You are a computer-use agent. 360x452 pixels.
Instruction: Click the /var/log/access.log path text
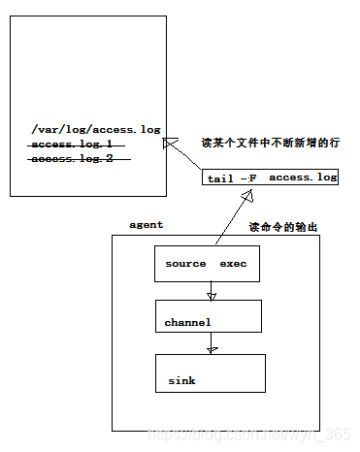click(95, 128)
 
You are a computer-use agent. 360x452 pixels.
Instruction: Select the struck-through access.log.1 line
click(71, 144)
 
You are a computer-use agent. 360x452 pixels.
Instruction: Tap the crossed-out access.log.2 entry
click(72, 158)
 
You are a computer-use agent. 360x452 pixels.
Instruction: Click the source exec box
click(208, 264)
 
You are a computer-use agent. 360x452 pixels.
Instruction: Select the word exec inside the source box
click(233, 264)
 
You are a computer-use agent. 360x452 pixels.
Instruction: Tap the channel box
click(208, 319)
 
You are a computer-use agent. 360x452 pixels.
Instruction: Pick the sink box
click(210, 373)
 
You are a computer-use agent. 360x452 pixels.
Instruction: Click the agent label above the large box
click(147, 224)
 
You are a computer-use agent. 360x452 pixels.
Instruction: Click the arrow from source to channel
click(211, 290)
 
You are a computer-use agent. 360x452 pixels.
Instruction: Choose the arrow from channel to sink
click(211, 343)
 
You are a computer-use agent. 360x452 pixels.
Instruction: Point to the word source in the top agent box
click(186, 264)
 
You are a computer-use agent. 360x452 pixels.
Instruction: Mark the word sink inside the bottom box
click(180, 381)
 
